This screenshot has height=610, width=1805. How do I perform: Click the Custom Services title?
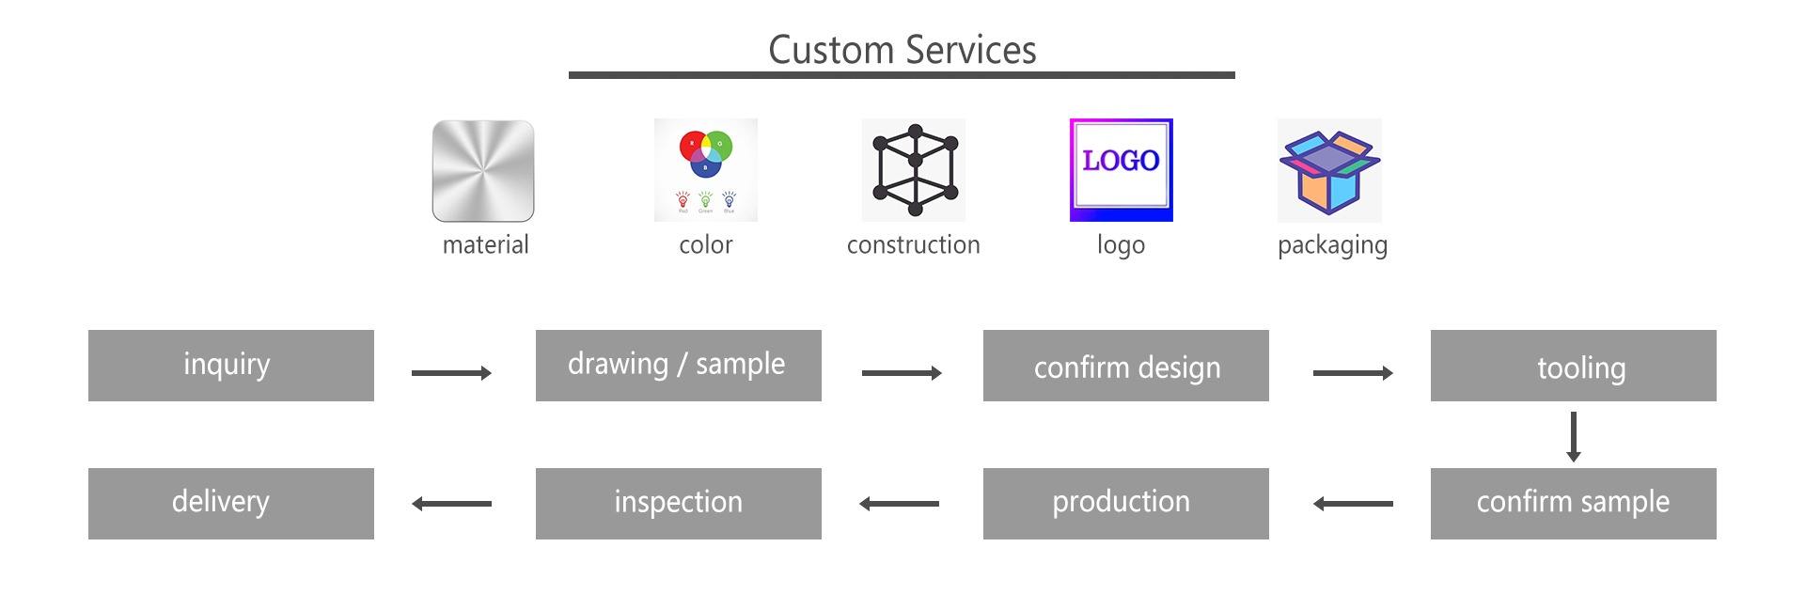click(902, 50)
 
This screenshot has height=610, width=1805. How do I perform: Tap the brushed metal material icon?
click(483, 171)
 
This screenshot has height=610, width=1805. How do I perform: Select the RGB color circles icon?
click(705, 170)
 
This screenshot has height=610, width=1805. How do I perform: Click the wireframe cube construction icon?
click(914, 170)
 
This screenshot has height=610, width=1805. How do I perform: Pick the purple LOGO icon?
click(1121, 170)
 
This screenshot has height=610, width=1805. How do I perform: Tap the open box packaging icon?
click(1329, 170)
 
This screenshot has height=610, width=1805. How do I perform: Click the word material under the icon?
click(485, 245)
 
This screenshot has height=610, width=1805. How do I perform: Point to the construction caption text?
click(913, 245)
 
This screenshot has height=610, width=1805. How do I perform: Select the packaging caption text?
click(1332, 245)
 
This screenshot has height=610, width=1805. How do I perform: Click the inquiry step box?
click(231, 366)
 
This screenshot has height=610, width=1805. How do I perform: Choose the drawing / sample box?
click(678, 366)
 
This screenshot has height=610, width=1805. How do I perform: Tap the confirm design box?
click(1125, 366)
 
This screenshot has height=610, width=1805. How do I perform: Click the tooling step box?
click(1573, 366)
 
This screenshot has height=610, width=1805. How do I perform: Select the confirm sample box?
click(1573, 504)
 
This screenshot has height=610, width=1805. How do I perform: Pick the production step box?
click(1125, 504)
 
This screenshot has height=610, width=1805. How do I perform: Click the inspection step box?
click(678, 504)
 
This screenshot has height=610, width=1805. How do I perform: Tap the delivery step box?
click(231, 504)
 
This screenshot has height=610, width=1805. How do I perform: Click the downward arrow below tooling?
click(1573, 436)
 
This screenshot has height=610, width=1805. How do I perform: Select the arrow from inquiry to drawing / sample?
click(451, 373)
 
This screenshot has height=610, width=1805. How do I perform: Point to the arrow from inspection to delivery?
click(451, 504)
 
